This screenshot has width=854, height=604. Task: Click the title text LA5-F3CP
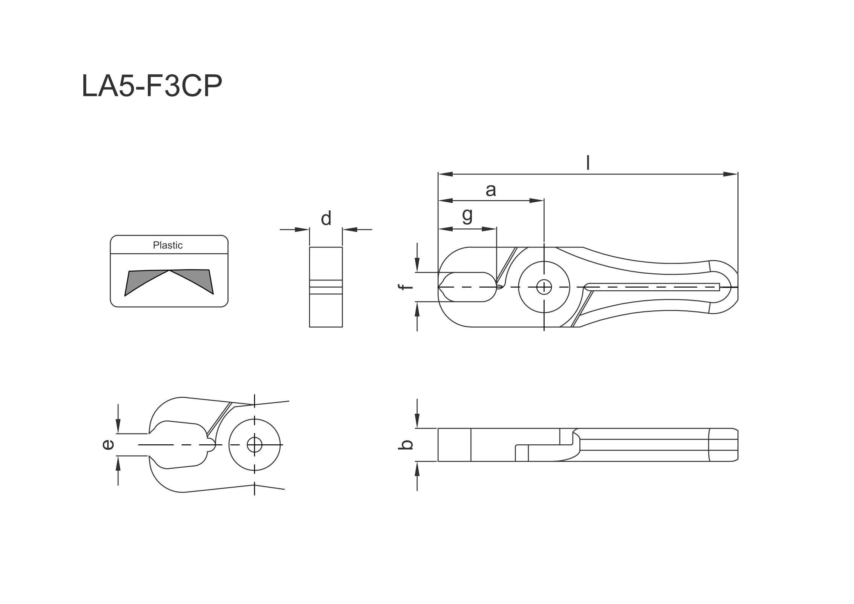pos(152,86)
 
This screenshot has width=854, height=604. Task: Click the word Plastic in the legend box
pos(167,245)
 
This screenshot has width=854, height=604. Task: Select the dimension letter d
pos(326,218)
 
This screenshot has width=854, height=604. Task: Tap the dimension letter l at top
pos(587,162)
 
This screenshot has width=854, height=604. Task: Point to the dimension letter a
pos(490,190)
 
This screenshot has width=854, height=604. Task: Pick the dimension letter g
pos(467,215)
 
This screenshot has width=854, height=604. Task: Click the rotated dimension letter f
pos(406,287)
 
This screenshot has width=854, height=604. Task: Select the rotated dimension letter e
pos(108,445)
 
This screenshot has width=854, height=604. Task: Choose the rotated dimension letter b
pos(406,445)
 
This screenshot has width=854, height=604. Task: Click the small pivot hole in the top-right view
pos(544,287)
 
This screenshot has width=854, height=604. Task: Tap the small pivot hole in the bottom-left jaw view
pos(255,445)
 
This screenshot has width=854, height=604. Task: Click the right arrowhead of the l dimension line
pos(730,174)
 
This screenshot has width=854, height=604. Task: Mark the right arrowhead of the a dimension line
pos(536,200)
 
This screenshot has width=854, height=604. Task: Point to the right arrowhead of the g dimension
pos(489,229)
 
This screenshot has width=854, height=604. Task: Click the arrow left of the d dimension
pos(302,229)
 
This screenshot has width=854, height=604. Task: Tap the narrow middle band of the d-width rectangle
pos(326,290)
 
